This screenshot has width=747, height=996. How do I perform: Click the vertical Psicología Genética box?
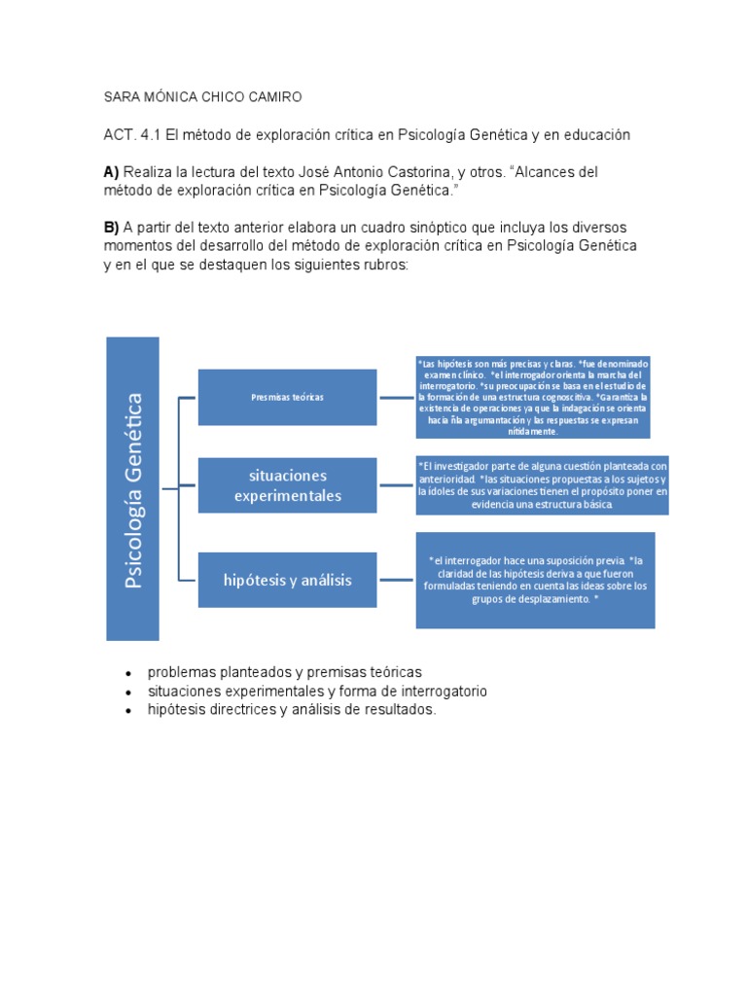click(132, 488)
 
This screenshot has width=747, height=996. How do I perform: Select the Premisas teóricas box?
click(287, 397)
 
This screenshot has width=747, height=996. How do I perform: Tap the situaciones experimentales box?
click(287, 485)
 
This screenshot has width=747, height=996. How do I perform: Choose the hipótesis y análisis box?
click(287, 580)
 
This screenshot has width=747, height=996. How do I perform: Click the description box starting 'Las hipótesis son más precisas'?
click(532, 397)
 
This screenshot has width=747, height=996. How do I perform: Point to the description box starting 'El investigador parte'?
click(542, 485)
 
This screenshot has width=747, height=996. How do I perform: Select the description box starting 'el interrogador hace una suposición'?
click(535, 580)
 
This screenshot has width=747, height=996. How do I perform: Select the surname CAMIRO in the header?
click(275, 97)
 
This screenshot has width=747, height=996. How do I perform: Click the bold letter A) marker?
click(111, 171)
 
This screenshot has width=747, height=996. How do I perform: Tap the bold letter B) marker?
click(111, 227)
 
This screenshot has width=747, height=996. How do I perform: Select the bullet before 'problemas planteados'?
click(128, 673)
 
